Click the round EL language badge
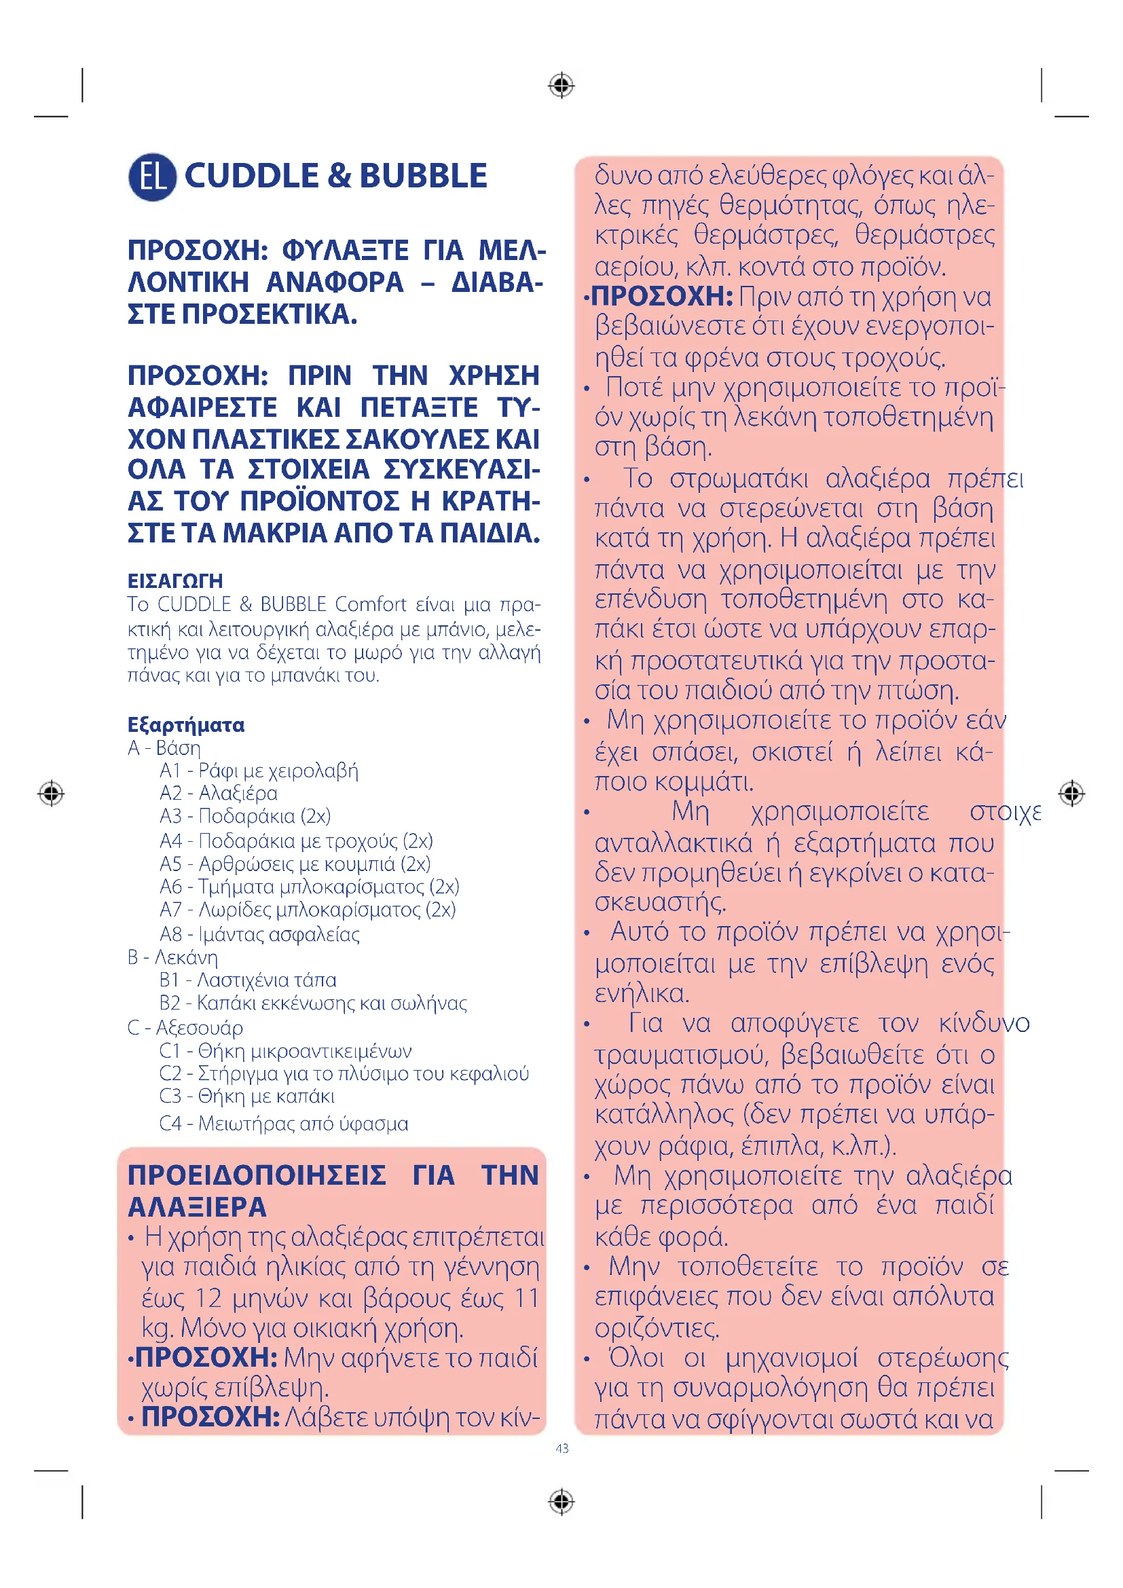[152, 177]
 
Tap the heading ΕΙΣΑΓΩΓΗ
[175, 580]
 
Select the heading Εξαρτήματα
[186, 725]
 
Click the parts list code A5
[170, 864]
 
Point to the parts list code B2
[170, 1003]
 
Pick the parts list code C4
[170, 1123]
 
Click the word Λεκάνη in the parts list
[186, 957]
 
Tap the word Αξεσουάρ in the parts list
[199, 1028]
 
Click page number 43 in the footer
[561, 1448]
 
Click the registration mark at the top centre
[561, 86]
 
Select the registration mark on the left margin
[51, 793]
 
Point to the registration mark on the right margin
[1072, 793]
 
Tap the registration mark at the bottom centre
[561, 1502]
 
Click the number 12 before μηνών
[208, 1298]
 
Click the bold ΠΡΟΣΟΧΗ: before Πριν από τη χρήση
[662, 296]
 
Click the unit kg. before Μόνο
[158, 1329]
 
